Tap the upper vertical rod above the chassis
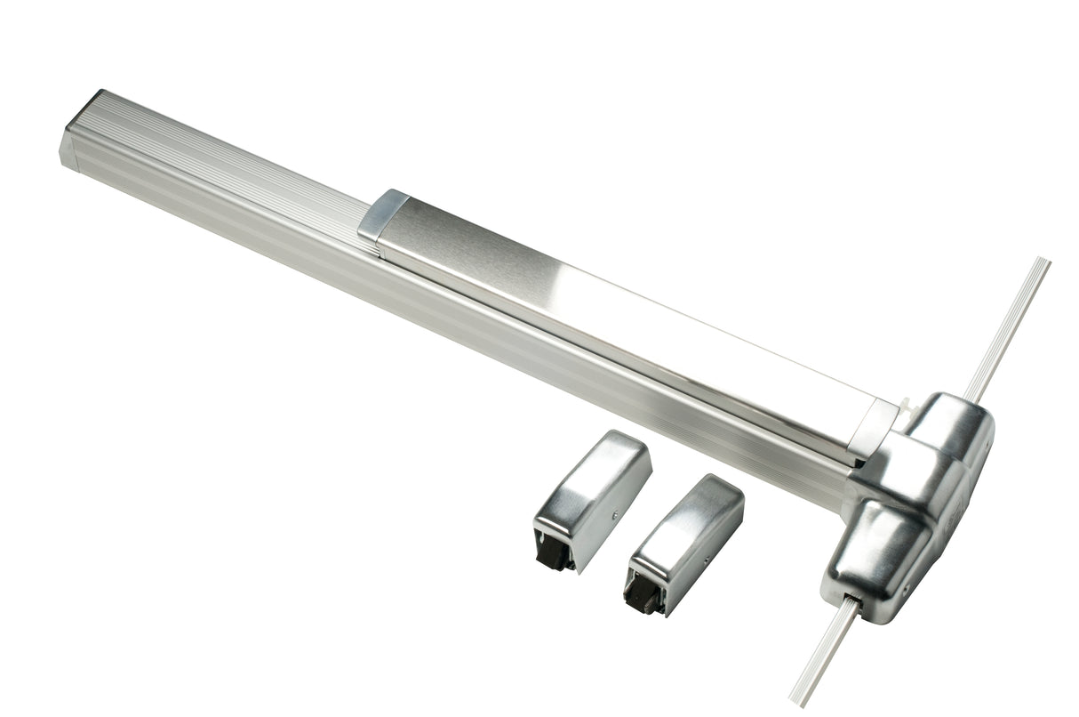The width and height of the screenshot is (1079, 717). click(1009, 329)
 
